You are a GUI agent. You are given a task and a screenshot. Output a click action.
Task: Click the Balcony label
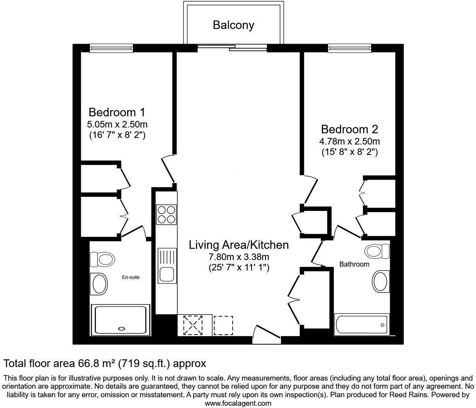click(233, 25)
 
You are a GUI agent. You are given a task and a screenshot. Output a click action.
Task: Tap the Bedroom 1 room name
click(117, 112)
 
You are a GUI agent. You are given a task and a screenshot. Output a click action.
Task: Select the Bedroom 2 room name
click(349, 129)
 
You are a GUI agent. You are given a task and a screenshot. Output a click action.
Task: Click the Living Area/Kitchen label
click(238, 245)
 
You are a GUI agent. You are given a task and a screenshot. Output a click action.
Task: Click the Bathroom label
click(354, 264)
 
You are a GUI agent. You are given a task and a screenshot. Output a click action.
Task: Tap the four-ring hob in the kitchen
click(167, 214)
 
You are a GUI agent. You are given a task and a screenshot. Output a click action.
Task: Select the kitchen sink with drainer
click(167, 265)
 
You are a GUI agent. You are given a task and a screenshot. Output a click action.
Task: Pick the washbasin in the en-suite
click(100, 283)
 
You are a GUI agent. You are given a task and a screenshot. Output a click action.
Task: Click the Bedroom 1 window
click(111, 48)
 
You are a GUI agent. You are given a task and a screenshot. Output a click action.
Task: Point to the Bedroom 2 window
click(349, 48)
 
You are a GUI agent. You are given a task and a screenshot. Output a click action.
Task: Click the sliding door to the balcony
click(232, 48)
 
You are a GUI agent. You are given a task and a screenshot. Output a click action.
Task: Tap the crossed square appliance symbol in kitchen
click(194, 325)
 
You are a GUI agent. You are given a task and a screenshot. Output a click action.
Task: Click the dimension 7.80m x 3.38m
click(238, 257)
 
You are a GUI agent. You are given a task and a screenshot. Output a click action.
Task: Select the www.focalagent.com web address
click(238, 403)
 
